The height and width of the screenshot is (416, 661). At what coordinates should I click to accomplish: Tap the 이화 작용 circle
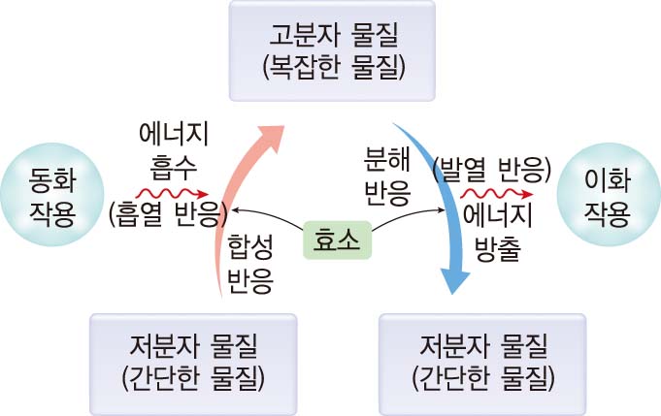pyautogui.click(x=611, y=194)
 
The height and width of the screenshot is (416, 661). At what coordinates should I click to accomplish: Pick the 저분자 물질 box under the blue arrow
pyautogui.click(x=482, y=359)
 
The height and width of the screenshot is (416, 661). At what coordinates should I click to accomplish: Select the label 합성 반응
pyautogui.click(x=249, y=263)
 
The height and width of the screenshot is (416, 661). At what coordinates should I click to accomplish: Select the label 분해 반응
pyautogui.click(x=386, y=176)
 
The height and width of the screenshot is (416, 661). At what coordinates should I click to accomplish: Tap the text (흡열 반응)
pyautogui.click(x=168, y=214)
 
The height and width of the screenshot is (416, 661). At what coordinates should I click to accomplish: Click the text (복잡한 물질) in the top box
pyautogui.click(x=332, y=70)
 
